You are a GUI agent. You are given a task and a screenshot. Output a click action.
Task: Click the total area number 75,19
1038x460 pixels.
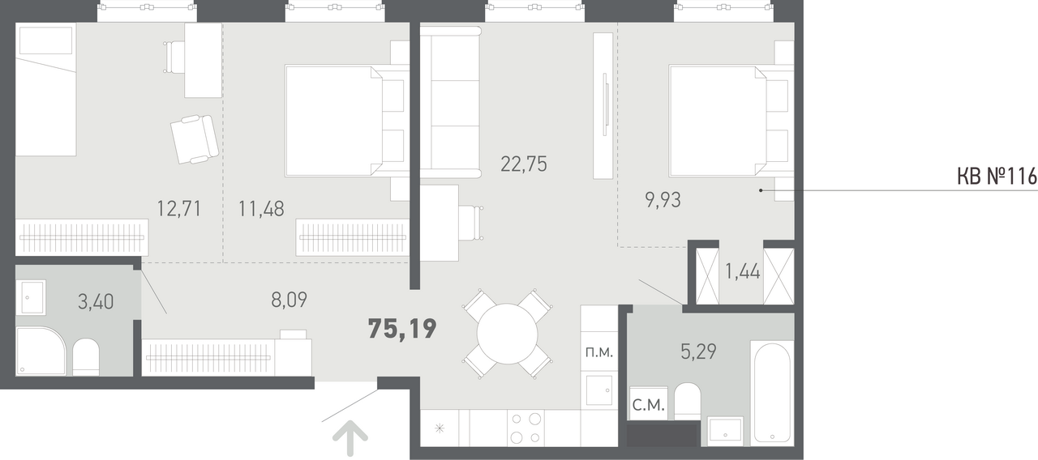pyautogui.click(x=402, y=329)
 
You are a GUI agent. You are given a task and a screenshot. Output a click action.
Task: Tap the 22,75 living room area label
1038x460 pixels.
pyautogui.click(x=524, y=164)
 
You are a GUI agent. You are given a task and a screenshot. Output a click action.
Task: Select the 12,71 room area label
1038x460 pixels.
pyautogui.click(x=179, y=209)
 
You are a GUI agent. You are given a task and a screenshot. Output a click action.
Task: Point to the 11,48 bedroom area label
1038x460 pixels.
pyautogui.click(x=261, y=209)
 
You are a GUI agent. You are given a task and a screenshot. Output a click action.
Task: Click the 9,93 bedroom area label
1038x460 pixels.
pyautogui.click(x=663, y=200)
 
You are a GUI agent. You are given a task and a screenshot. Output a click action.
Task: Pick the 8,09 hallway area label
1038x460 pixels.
pyautogui.click(x=290, y=300)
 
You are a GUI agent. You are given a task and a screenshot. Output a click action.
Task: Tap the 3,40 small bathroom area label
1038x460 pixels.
pyautogui.click(x=96, y=302)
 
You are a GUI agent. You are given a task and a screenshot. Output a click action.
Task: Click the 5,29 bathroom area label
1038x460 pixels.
pyautogui.click(x=698, y=351)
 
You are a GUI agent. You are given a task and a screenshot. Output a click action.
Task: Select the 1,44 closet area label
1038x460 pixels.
pyautogui.click(x=742, y=271)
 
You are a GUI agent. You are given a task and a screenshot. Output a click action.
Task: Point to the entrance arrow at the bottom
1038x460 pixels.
pyautogui.click(x=350, y=438)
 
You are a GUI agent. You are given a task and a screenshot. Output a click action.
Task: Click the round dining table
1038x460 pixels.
pyautogui.click(x=508, y=334)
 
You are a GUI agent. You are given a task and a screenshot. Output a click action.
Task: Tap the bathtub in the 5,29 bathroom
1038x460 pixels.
pyautogui.click(x=772, y=393)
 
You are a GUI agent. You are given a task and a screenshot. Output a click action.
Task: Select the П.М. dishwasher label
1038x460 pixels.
pyautogui.click(x=599, y=352)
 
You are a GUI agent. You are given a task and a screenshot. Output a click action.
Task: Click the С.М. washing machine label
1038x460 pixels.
pyautogui.click(x=648, y=406)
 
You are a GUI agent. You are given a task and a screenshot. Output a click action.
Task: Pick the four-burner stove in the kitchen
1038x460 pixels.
pyautogui.click(x=526, y=428)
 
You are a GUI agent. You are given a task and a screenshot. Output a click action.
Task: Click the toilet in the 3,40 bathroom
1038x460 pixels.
pyautogui.click(x=86, y=357)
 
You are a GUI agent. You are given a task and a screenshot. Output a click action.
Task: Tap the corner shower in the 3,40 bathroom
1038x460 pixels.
pyautogui.click(x=41, y=351)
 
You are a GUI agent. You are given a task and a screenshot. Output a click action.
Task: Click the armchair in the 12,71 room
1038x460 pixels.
pyautogui.click(x=195, y=139)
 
